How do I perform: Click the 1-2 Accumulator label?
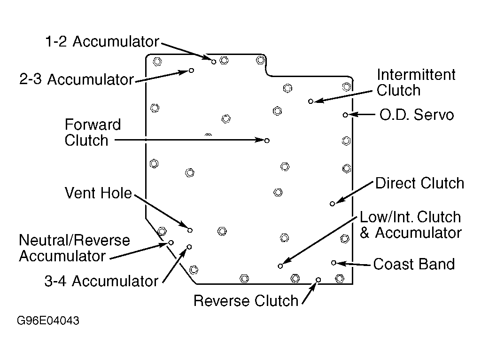(x=102, y=41)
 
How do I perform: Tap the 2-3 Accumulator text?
(x=77, y=79)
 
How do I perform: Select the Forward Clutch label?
(x=93, y=132)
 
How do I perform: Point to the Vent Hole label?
(x=98, y=193)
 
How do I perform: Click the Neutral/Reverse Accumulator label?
(x=74, y=248)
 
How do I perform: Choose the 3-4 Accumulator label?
(x=101, y=281)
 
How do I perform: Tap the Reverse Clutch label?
(x=246, y=300)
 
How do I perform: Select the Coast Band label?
(x=414, y=264)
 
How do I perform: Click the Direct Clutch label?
(x=419, y=183)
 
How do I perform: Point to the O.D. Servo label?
(x=417, y=115)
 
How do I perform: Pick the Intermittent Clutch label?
(x=416, y=82)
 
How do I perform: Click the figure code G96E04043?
(x=48, y=321)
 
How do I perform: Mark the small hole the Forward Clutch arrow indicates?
(x=267, y=141)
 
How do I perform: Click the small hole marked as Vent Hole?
(x=190, y=230)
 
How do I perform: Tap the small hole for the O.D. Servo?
(x=345, y=115)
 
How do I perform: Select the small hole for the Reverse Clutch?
(x=318, y=280)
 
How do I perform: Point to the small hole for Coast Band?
(x=334, y=263)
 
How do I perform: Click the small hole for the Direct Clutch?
(x=332, y=204)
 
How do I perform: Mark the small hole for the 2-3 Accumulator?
(x=191, y=70)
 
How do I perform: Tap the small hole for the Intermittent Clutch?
(x=310, y=101)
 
